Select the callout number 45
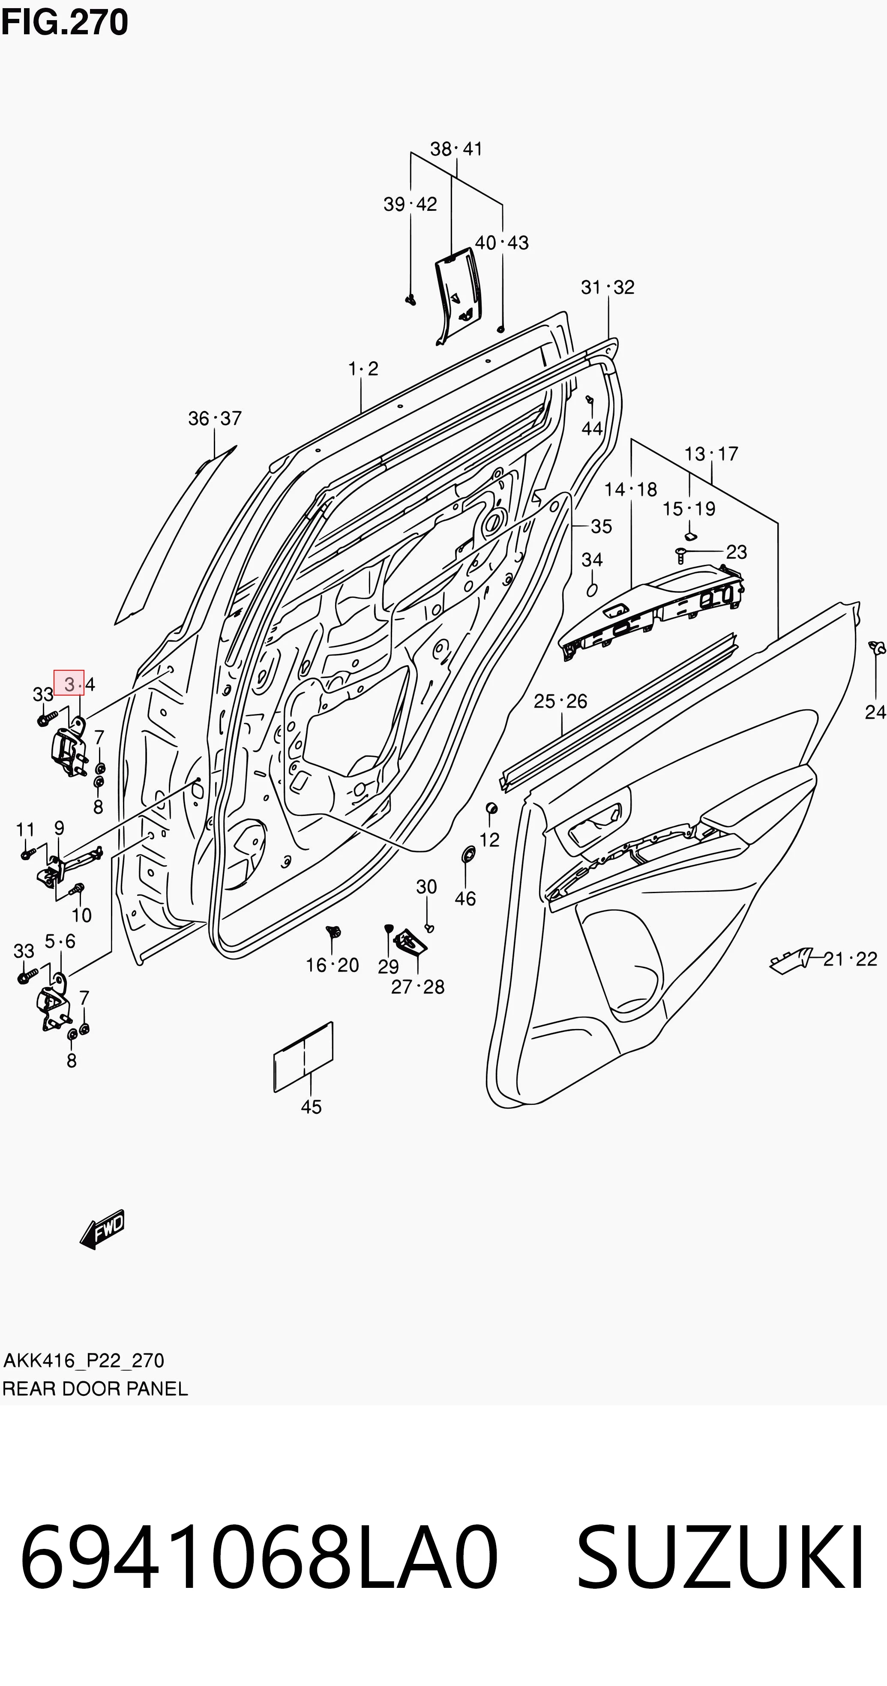pyautogui.click(x=311, y=1107)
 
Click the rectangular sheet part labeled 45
pyautogui.click(x=303, y=1056)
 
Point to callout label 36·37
pyautogui.click(x=215, y=418)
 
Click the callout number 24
pyautogui.click(x=875, y=712)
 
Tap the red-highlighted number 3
pyautogui.click(x=69, y=684)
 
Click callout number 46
pyautogui.click(x=465, y=899)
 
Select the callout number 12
pyautogui.click(x=490, y=840)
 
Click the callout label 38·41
pyautogui.click(x=456, y=149)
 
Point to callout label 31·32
pyautogui.click(x=608, y=287)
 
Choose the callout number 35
pyautogui.click(x=602, y=526)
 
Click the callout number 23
pyautogui.click(x=737, y=552)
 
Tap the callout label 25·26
pyautogui.click(x=560, y=702)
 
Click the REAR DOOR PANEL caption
pyautogui.click(x=95, y=1389)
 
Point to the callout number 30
pyautogui.click(x=427, y=887)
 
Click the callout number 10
pyautogui.click(x=82, y=915)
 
